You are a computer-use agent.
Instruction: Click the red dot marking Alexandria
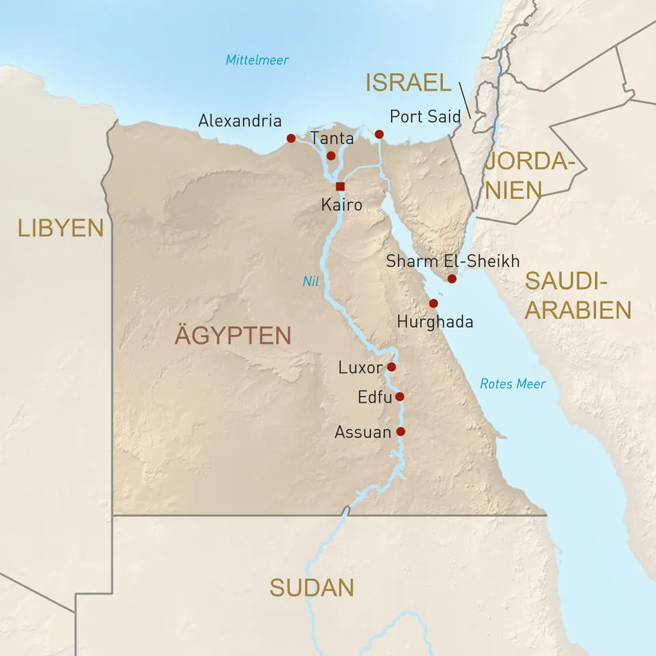click(x=291, y=139)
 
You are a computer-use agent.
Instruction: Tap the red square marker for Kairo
click(x=340, y=187)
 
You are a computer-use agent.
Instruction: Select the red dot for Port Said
click(x=379, y=134)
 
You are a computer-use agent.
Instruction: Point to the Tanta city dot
click(x=331, y=156)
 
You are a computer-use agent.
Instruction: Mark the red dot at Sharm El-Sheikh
click(x=452, y=279)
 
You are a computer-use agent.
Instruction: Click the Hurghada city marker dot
click(x=433, y=303)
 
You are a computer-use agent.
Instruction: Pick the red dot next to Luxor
click(x=392, y=367)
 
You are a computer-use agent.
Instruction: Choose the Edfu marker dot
click(x=400, y=396)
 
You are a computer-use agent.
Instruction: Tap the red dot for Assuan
click(x=400, y=431)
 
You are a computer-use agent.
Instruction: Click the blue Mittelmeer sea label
click(x=257, y=60)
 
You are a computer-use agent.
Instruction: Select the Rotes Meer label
click(x=512, y=384)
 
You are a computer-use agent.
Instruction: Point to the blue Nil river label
click(x=311, y=280)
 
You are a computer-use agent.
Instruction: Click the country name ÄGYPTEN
click(x=232, y=336)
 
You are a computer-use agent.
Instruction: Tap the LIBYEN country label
click(x=60, y=228)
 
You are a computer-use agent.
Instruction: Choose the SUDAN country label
click(x=312, y=588)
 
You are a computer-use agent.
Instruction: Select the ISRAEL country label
click(x=409, y=83)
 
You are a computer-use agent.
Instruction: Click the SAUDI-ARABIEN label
click(x=577, y=295)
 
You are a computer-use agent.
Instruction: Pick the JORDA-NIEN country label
click(x=526, y=176)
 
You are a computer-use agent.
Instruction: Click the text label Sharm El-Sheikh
click(x=452, y=261)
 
